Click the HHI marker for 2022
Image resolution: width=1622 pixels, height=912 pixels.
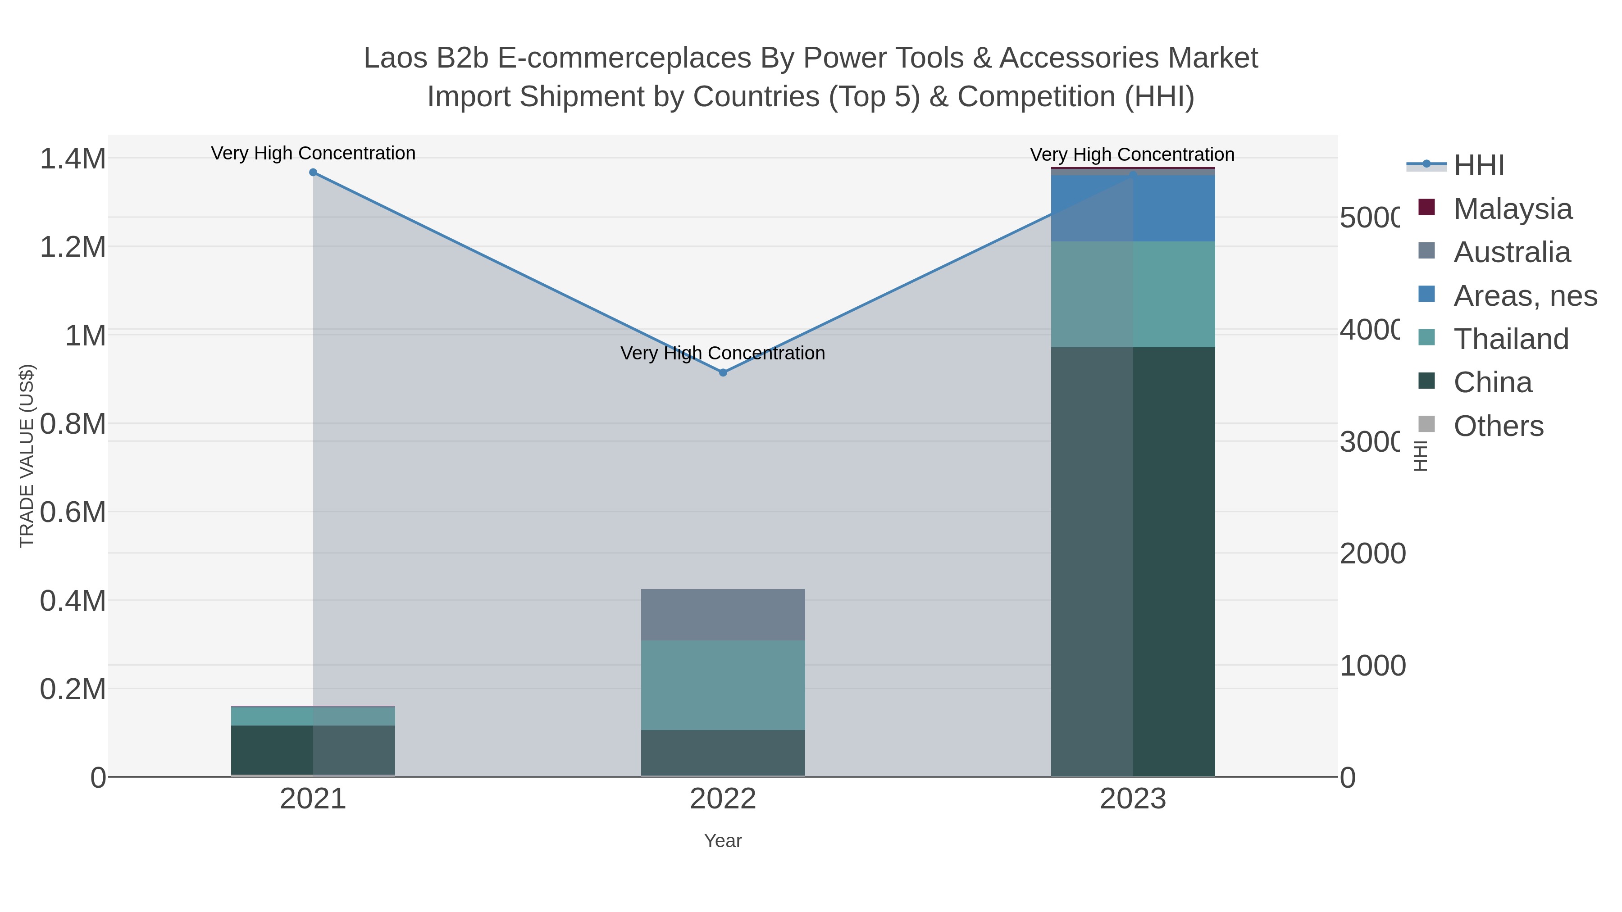(723, 372)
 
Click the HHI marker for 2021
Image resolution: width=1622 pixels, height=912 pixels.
(313, 172)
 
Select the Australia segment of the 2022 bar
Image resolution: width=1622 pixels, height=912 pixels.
(723, 615)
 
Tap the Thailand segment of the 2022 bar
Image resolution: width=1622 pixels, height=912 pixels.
(723, 685)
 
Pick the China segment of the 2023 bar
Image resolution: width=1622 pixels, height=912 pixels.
(1133, 562)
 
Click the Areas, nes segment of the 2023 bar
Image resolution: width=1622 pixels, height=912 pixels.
(1133, 209)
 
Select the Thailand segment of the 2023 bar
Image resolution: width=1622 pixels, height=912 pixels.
(1133, 294)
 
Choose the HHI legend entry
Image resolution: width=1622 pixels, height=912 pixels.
(1478, 166)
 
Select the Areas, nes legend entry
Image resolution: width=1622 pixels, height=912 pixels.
(1524, 296)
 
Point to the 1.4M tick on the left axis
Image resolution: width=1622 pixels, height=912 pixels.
(73, 159)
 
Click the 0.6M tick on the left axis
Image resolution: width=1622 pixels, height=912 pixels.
(73, 513)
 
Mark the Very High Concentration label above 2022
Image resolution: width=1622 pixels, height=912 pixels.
(723, 353)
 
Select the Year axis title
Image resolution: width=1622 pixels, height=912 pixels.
(723, 841)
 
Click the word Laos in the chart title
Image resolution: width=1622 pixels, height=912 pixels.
(395, 59)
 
